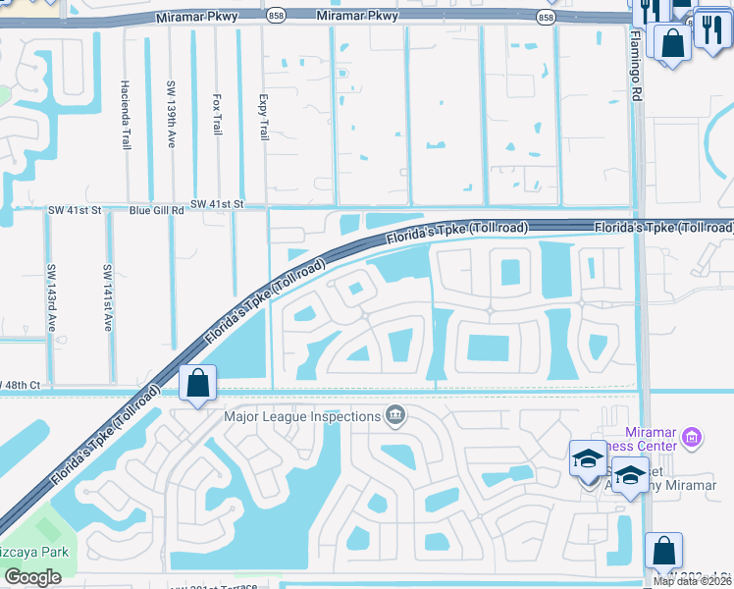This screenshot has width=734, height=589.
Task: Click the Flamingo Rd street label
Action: point(636,69)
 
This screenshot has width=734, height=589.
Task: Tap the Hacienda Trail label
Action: point(126,115)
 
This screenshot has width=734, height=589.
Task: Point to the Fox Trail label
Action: point(217,115)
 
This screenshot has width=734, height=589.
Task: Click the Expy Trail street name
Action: point(262,118)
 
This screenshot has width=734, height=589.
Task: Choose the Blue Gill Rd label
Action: point(157,210)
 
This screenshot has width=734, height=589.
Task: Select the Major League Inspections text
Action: point(302,416)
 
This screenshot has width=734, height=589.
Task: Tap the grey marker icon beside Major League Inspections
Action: point(396,416)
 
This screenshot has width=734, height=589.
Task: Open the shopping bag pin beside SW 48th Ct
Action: point(198,384)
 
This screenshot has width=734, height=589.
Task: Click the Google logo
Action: point(33,577)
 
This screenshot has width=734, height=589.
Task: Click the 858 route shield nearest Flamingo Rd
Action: point(545,18)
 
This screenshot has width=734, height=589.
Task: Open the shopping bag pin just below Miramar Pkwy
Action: point(673,44)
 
